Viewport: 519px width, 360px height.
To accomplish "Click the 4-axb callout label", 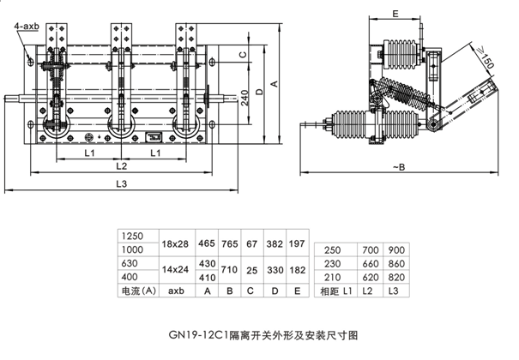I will (x=26, y=28).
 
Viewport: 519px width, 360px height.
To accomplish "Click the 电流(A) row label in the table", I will (x=137, y=291).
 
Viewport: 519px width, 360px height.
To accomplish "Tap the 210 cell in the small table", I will (x=333, y=278).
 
